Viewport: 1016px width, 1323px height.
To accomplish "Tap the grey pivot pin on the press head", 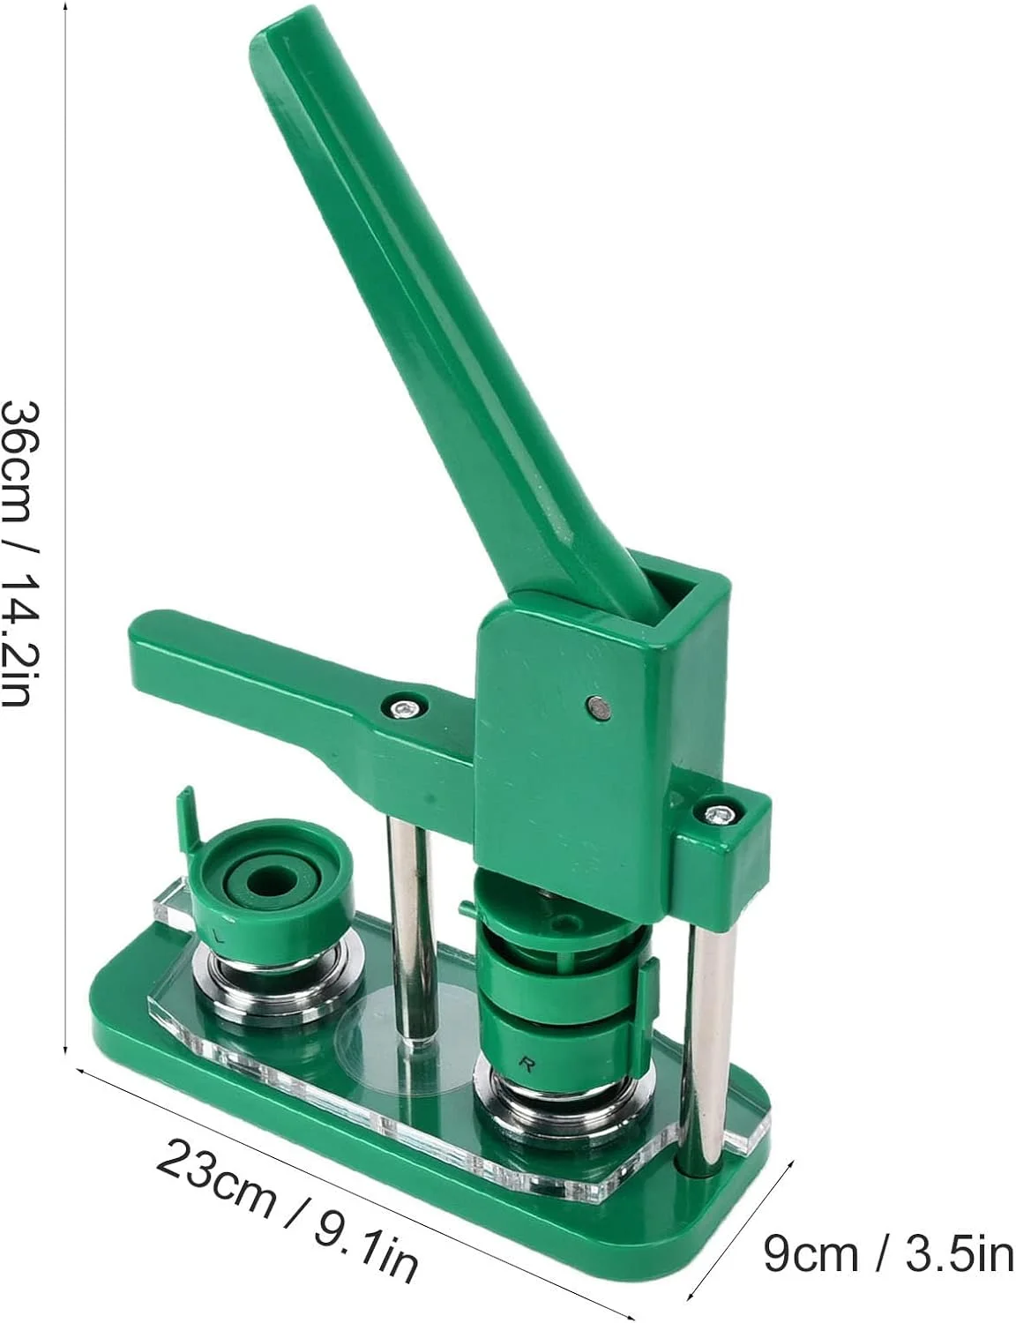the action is coord(597,706).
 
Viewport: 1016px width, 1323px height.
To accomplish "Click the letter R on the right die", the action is coord(527,1063).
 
